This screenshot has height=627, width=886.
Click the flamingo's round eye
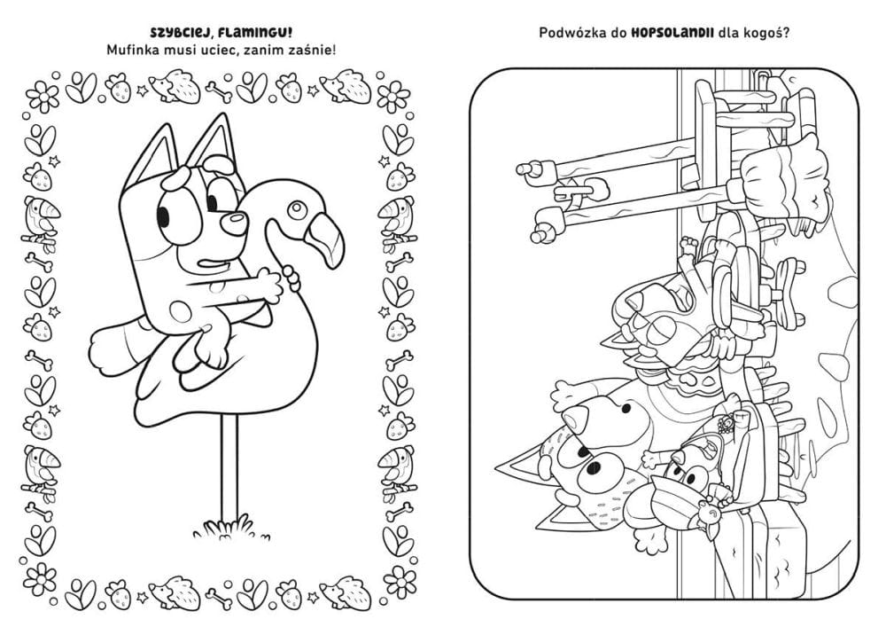296,210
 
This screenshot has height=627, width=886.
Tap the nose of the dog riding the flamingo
233,223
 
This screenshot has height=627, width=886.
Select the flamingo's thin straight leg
228,470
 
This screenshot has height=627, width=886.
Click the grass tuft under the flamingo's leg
223,528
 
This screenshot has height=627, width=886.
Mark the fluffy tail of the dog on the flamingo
114,347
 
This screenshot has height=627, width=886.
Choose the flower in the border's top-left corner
42,95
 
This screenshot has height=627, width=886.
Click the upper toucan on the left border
41,223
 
